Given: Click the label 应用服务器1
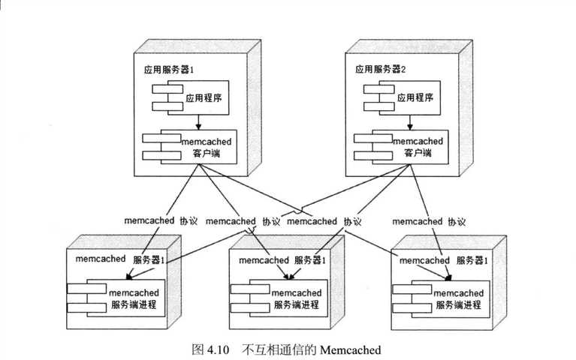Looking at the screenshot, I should [x=169, y=70].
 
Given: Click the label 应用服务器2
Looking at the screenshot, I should [x=380, y=70].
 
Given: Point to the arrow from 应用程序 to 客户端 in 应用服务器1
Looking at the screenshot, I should [x=198, y=122].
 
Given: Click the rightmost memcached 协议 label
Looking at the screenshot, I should [x=428, y=221].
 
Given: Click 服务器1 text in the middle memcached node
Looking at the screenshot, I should [x=309, y=260].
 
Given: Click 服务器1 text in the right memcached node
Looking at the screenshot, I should [x=472, y=260].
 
